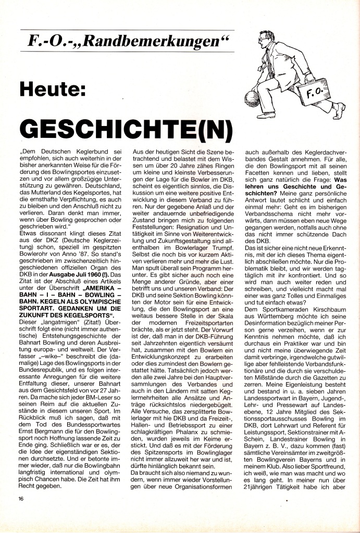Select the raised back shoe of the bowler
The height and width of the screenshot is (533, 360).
click(x=339, y=109)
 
